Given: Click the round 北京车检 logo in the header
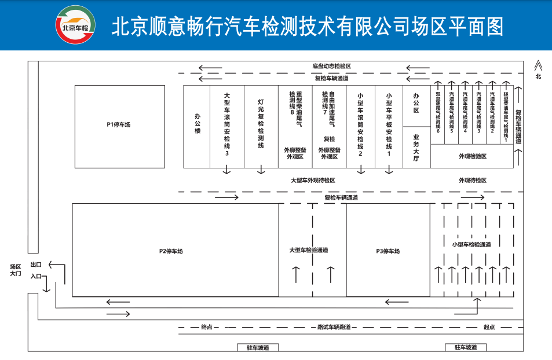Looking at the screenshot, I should click(x=75, y=25).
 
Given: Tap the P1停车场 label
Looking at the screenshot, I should click(x=118, y=124).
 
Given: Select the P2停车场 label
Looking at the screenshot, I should click(x=171, y=251).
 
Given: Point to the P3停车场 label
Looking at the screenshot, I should click(x=388, y=251).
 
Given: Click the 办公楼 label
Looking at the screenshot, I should click(x=197, y=124).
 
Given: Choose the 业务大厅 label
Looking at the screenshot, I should click(x=416, y=147).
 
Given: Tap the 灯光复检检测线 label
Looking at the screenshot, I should click(x=261, y=124).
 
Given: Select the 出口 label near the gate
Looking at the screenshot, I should click(x=36, y=264).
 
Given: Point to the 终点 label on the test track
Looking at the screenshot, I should click(x=207, y=327).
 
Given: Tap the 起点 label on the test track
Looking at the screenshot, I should click(x=489, y=327).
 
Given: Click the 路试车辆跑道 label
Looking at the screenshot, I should click(x=333, y=327).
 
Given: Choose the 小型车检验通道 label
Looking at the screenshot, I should click(x=471, y=244).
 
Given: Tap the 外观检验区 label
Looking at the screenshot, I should click(x=472, y=156).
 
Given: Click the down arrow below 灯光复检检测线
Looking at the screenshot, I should click(x=261, y=170).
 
